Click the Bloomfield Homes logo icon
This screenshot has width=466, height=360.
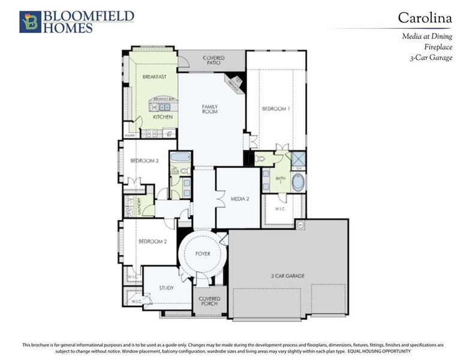30,22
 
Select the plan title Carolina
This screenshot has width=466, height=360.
425,18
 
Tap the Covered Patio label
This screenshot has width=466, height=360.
214,61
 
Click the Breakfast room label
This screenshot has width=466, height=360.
154,77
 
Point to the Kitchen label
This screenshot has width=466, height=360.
163,117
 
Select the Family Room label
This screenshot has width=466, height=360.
209,109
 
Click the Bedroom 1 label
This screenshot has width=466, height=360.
276,109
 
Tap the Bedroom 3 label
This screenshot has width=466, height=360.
145,160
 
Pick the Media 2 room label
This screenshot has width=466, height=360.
240,198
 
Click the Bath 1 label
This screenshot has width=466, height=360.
281,181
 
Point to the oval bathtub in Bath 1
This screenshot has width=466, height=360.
297,182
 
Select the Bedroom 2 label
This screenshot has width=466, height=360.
152,241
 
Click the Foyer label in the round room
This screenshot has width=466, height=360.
203,254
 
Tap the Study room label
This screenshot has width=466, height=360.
166,288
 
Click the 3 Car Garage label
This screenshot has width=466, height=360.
287,276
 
